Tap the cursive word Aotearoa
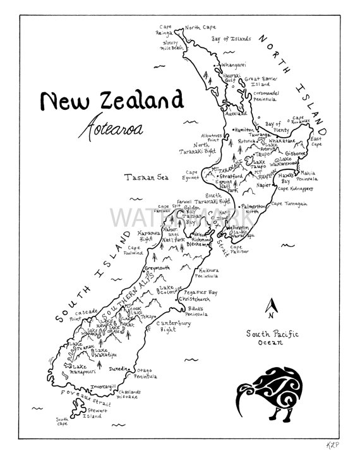(x=111, y=128)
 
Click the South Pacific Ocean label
(x=273, y=337)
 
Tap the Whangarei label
(x=233, y=64)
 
